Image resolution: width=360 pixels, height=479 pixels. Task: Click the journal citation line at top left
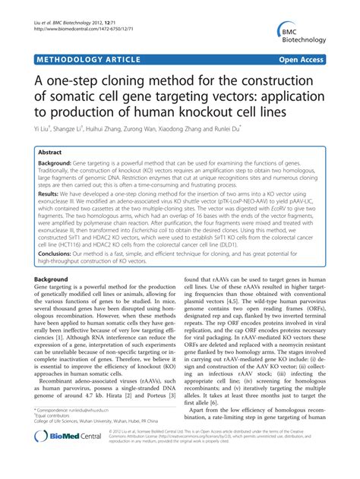69,7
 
